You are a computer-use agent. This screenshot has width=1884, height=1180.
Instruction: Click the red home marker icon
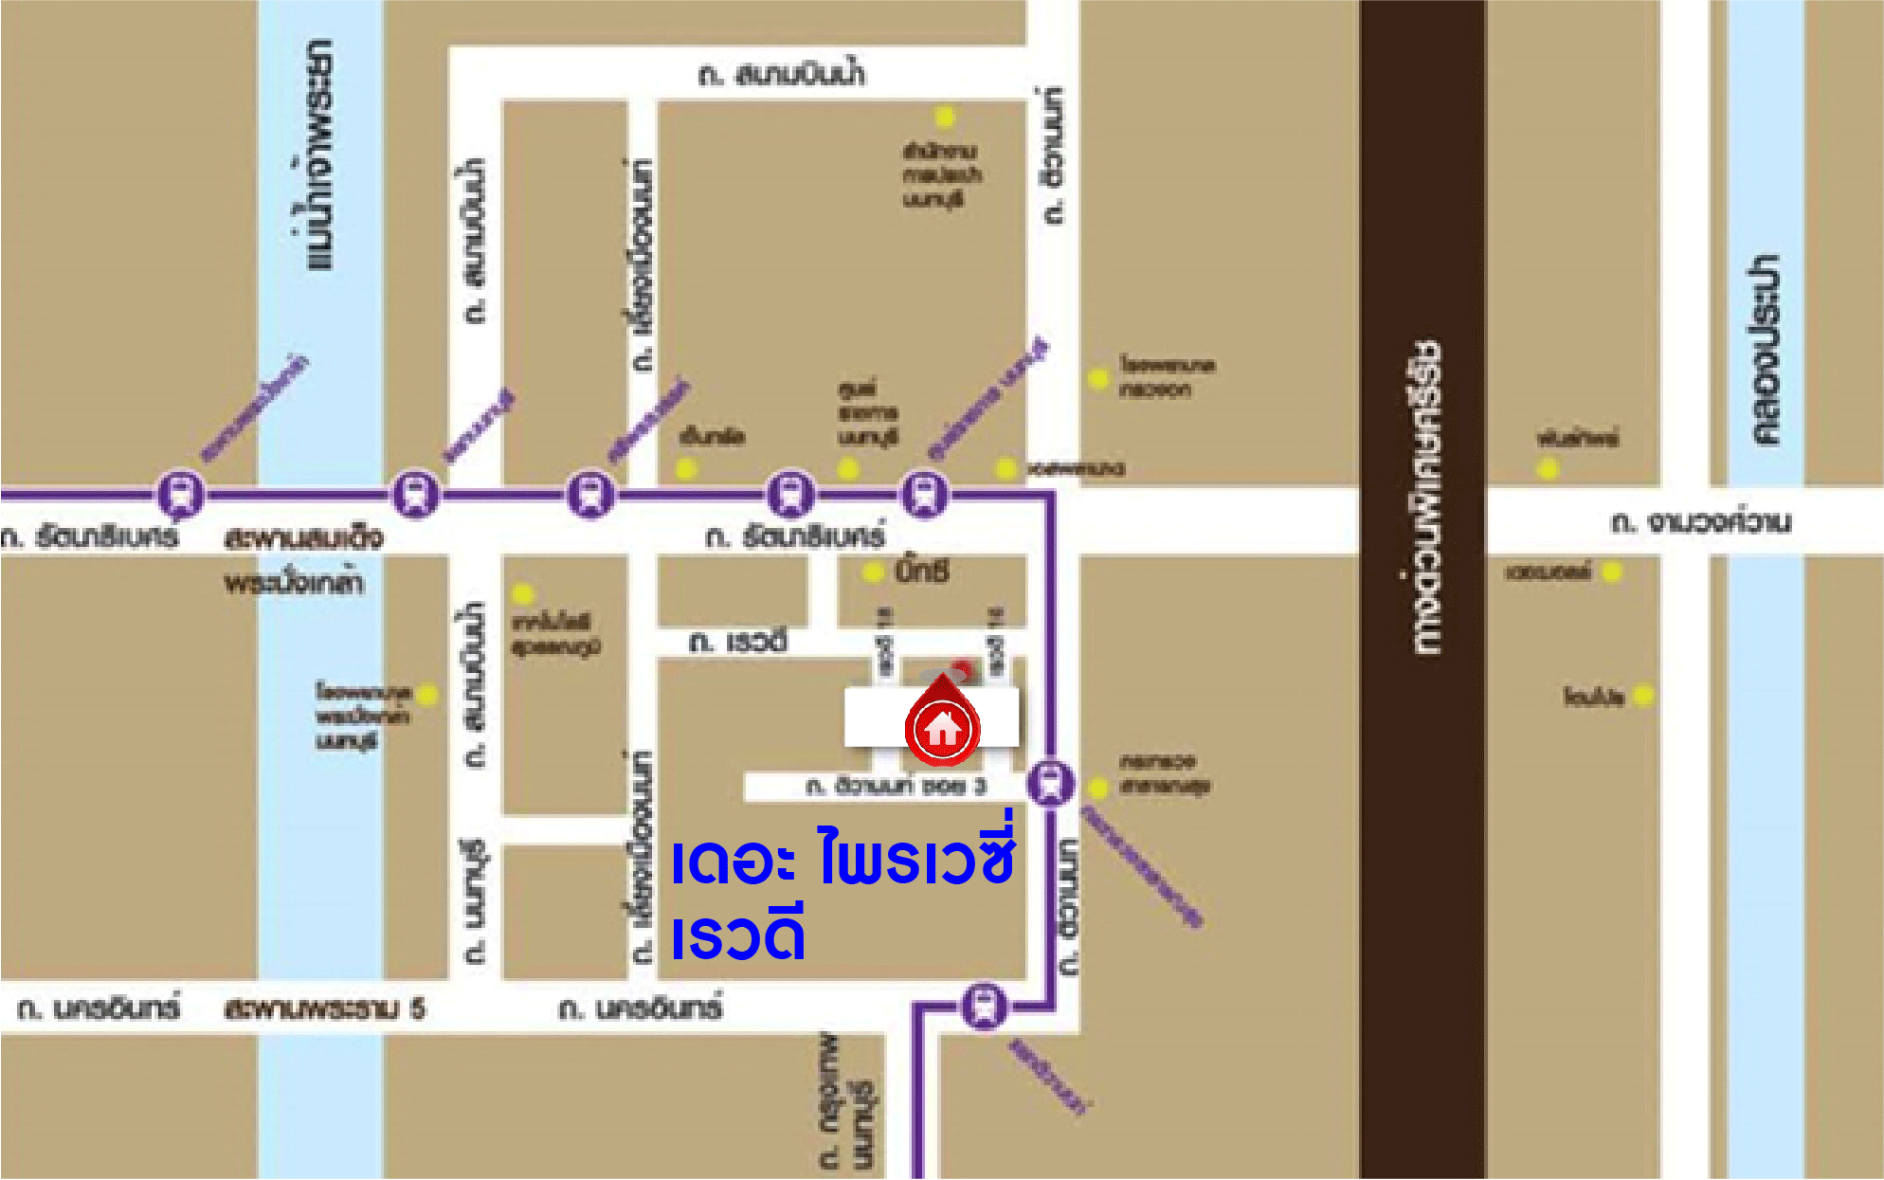coord(942,728)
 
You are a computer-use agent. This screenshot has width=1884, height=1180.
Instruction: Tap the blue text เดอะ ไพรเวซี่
coord(842,857)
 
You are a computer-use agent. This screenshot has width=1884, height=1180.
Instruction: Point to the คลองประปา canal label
coord(1765,350)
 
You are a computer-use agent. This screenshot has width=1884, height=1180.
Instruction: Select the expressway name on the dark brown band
coord(1423,497)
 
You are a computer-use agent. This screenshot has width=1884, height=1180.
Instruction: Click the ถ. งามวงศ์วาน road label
coord(1701,522)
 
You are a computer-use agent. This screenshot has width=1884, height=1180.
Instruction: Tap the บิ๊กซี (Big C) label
coord(921,572)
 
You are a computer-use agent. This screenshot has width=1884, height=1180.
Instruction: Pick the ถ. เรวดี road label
coord(737,642)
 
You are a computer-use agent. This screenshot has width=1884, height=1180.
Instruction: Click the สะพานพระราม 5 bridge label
coord(324,1008)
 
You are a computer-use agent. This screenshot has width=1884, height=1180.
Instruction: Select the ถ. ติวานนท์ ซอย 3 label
coord(896,786)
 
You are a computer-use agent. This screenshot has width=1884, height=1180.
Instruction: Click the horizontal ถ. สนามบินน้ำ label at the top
coord(782,74)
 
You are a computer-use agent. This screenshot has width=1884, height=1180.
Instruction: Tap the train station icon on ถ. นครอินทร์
coord(984,1007)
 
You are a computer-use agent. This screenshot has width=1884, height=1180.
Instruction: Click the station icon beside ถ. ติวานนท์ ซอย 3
coord(1050,783)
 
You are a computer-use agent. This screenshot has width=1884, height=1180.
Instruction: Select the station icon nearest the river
coord(180,494)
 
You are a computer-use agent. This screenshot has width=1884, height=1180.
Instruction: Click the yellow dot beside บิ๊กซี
coord(872,572)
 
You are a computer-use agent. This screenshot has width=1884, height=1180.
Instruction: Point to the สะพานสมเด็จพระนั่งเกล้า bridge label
coord(301,559)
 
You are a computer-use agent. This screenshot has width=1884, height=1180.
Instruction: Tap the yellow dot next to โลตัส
coord(1643,696)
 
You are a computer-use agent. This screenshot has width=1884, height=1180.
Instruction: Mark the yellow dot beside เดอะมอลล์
coord(1612,572)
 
